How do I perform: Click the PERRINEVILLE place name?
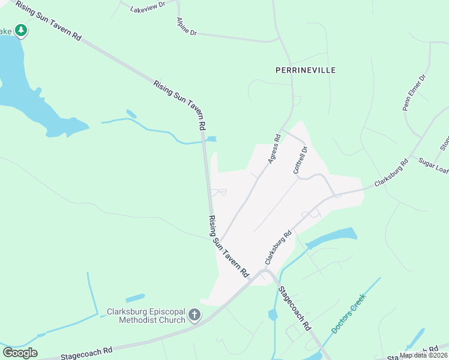305,70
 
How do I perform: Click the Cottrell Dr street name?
300,160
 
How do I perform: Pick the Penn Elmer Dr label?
413,92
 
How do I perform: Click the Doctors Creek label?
348,312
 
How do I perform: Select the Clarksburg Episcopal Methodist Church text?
146,316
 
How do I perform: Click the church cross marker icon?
194,315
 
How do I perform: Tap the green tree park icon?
21,30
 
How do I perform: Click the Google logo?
20,352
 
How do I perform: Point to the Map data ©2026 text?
423,355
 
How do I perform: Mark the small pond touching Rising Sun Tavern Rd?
211,139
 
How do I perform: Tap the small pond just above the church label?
135,298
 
